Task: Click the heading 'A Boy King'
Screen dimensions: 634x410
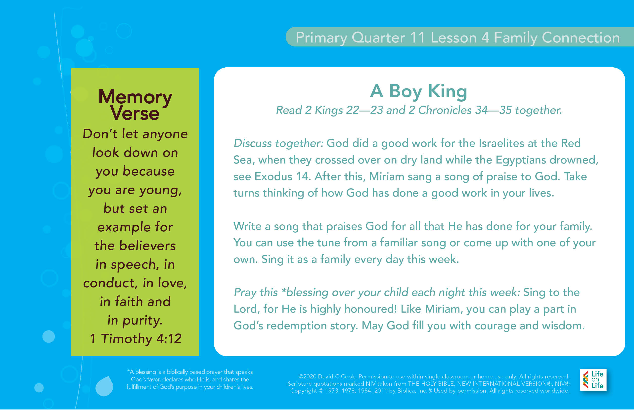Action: click(418, 91)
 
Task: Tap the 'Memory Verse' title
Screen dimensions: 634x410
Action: click(135, 105)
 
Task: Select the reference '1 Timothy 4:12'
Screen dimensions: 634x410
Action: click(135, 339)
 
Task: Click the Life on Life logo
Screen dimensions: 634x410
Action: click(593, 380)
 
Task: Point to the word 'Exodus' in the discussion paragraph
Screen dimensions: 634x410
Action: click(273, 176)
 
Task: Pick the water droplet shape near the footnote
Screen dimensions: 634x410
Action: click(104, 386)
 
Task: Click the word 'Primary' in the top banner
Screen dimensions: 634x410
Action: click(321, 38)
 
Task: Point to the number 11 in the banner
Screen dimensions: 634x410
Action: click(417, 37)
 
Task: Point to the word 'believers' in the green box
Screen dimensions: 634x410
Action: click(148, 246)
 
